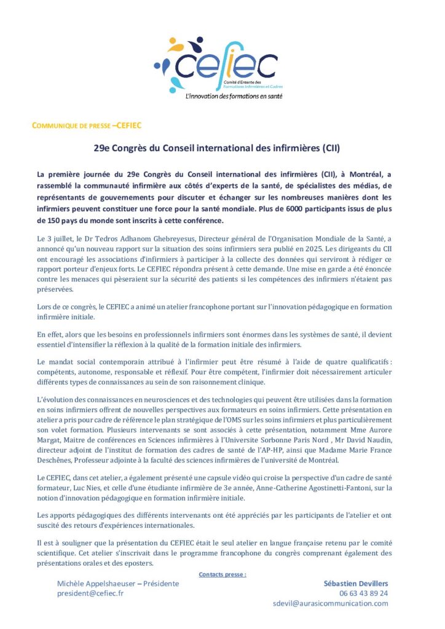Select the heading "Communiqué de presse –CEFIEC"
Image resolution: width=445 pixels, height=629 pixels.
(87, 126)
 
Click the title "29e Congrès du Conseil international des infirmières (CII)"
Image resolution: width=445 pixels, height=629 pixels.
(216, 148)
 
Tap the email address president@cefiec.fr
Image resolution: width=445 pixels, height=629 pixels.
(90, 593)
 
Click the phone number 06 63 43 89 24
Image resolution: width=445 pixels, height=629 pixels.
(363, 593)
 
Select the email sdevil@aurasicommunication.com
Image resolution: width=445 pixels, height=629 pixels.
(331, 603)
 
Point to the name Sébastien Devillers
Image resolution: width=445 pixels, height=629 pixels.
(356, 584)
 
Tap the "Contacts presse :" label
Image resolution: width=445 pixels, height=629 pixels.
(222, 574)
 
